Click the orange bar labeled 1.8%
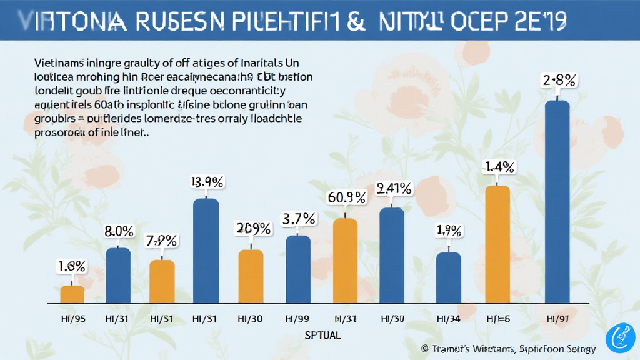72,294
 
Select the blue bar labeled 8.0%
118,275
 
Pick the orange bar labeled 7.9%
162,281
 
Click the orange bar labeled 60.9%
345,261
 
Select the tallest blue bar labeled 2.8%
557,201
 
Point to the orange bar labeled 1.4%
497,244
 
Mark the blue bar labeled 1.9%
448,277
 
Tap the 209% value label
252,228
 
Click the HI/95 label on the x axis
72,319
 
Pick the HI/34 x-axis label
448,319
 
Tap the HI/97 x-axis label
557,319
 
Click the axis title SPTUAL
323,336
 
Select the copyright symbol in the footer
425,348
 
